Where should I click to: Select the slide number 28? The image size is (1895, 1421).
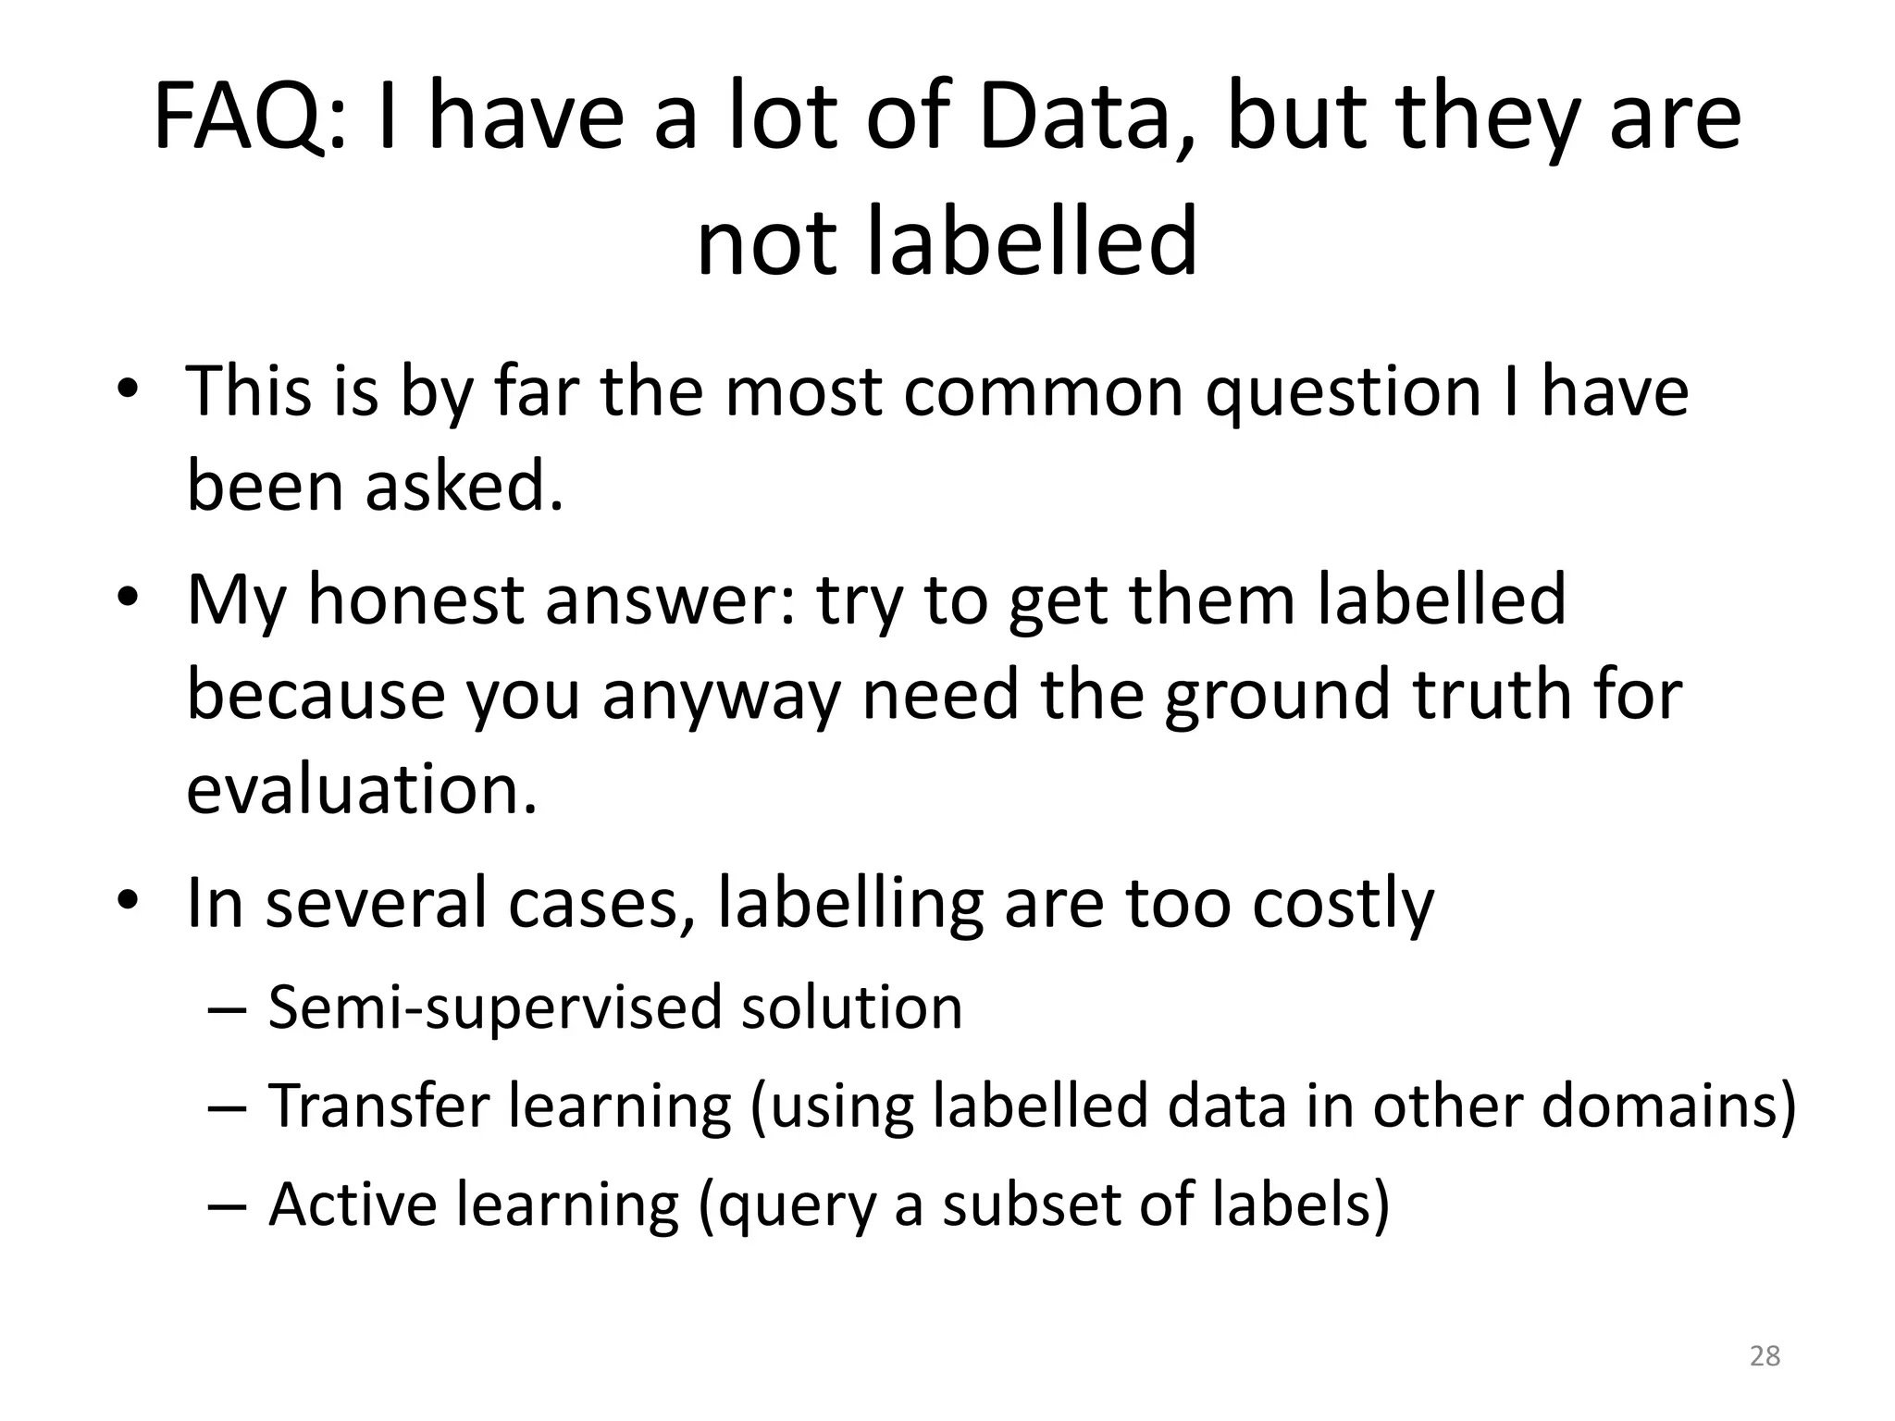tap(1765, 1356)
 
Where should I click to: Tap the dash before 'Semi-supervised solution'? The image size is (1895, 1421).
tap(228, 1008)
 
